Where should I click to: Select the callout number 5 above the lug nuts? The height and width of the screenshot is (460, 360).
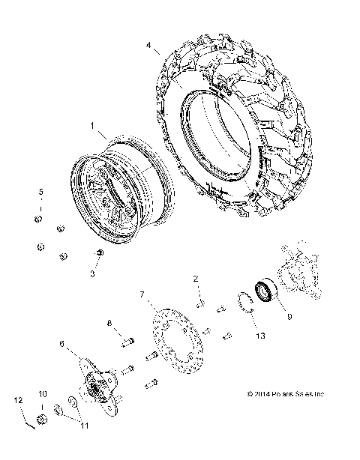pyautogui.click(x=42, y=192)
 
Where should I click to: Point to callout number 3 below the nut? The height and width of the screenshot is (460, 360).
pyautogui.click(x=92, y=274)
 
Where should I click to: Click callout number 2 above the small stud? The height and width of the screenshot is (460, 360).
pyautogui.click(x=196, y=279)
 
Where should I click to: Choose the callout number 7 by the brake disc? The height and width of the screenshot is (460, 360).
pyautogui.click(x=141, y=295)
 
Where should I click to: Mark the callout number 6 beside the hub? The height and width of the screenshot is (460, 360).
pyautogui.click(x=62, y=344)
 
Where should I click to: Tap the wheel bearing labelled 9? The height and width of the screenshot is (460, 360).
pyautogui.click(x=265, y=289)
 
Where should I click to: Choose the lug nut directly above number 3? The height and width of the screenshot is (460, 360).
pyautogui.click(x=98, y=255)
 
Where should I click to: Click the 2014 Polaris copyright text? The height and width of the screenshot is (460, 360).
pyautogui.click(x=286, y=393)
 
